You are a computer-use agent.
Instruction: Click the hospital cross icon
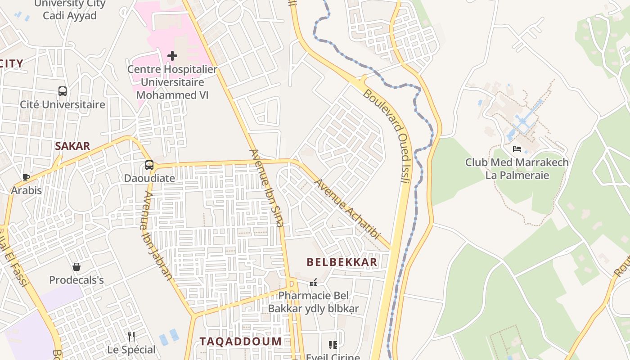(172, 56)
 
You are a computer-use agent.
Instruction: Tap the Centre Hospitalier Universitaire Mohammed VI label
(172, 82)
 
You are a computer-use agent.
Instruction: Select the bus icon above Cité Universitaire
(63, 91)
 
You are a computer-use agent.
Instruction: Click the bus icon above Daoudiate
(149, 165)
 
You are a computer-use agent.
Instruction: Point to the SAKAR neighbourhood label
(72, 146)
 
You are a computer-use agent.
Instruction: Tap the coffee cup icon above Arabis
(26, 177)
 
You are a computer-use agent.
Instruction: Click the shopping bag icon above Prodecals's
(76, 267)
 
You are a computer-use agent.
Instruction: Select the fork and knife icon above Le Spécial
(131, 336)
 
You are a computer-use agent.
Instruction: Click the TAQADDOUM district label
(241, 342)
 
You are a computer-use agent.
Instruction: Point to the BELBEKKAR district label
(342, 262)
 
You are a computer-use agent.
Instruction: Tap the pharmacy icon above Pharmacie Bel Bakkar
(314, 283)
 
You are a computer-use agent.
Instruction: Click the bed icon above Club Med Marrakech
(517, 149)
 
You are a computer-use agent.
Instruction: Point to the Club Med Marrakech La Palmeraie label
(517, 169)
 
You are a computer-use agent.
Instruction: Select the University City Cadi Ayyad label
(70, 10)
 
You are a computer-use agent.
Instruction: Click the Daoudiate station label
(149, 178)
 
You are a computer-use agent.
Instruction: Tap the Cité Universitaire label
(63, 104)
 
